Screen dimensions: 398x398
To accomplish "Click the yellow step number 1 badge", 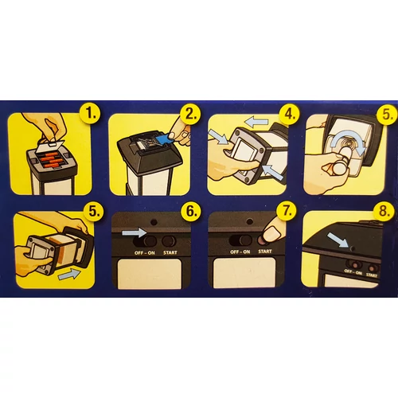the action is pos(90,114).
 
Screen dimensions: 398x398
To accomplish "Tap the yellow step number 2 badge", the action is pos(190,114).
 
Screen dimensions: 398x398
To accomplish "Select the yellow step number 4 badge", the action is pos(289,114).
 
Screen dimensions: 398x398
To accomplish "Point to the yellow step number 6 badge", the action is pos(190,211).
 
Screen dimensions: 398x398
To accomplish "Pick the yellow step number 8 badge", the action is pos(384,211).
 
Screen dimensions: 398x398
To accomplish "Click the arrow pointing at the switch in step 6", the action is pos(134,233).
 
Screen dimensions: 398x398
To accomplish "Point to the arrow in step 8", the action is pos(338,240).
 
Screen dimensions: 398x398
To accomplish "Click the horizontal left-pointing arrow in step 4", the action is pos(256,123).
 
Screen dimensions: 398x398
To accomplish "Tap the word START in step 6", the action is pos(170,252).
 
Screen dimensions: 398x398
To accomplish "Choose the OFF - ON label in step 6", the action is pos(145,253).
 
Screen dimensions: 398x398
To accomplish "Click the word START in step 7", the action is pos(265,252).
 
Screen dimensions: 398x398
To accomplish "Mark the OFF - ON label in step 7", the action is pos(240,252).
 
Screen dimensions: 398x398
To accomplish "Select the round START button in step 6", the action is pos(169,241).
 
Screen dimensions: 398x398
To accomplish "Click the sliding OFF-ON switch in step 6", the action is pos(145,241).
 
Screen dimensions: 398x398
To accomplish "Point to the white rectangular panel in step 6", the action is pos(150,274).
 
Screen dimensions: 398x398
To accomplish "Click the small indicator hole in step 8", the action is pos(353,249).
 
